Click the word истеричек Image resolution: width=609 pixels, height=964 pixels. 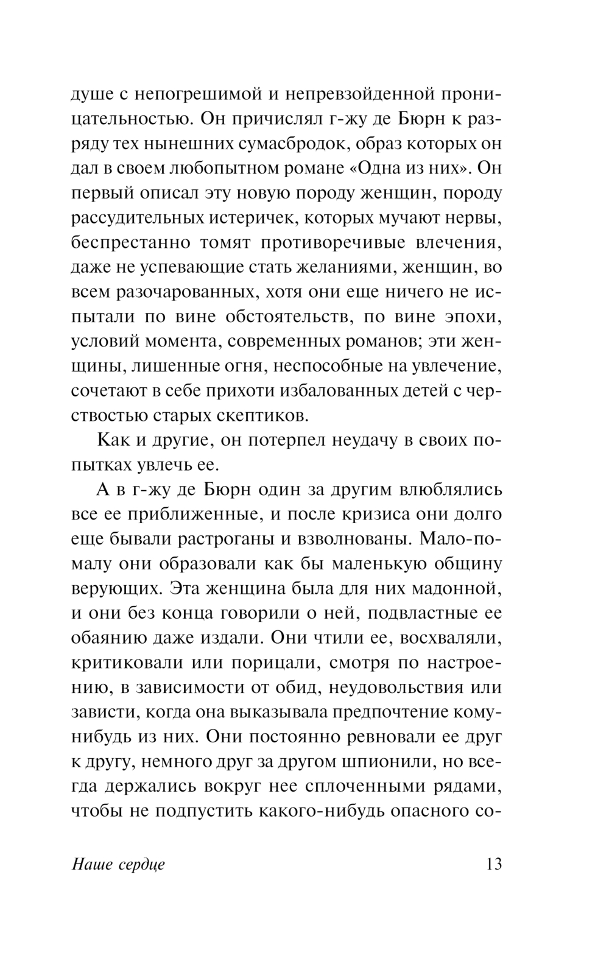click(247, 217)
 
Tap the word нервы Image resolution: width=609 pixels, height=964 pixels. click(473, 217)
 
